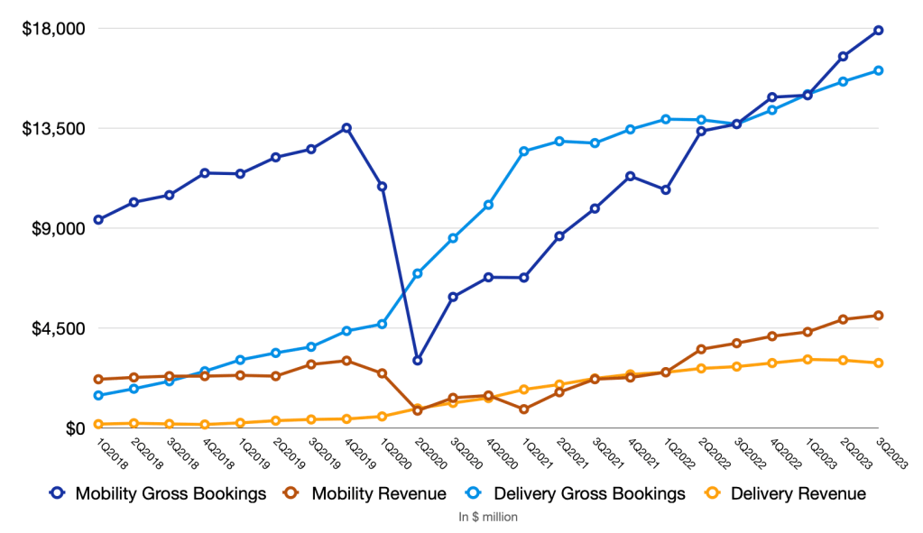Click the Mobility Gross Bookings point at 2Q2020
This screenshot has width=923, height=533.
click(x=418, y=361)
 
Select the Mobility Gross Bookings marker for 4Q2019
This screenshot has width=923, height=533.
click(x=346, y=128)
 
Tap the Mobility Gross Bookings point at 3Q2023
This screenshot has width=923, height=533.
click(x=878, y=31)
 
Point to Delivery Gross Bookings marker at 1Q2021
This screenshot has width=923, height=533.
click(x=524, y=151)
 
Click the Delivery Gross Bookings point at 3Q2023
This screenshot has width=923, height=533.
click(x=878, y=70)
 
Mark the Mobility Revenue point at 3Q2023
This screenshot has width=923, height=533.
click(x=878, y=316)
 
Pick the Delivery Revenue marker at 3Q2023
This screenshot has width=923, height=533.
click(x=878, y=363)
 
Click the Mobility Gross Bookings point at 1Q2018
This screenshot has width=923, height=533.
click(x=98, y=220)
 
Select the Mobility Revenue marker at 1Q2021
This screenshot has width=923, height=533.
click(x=524, y=409)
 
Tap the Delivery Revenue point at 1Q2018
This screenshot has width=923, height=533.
click(x=98, y=424)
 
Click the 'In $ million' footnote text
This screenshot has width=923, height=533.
click(x=488, y=518)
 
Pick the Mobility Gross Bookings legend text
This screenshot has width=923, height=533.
click(x=171, y=493)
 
